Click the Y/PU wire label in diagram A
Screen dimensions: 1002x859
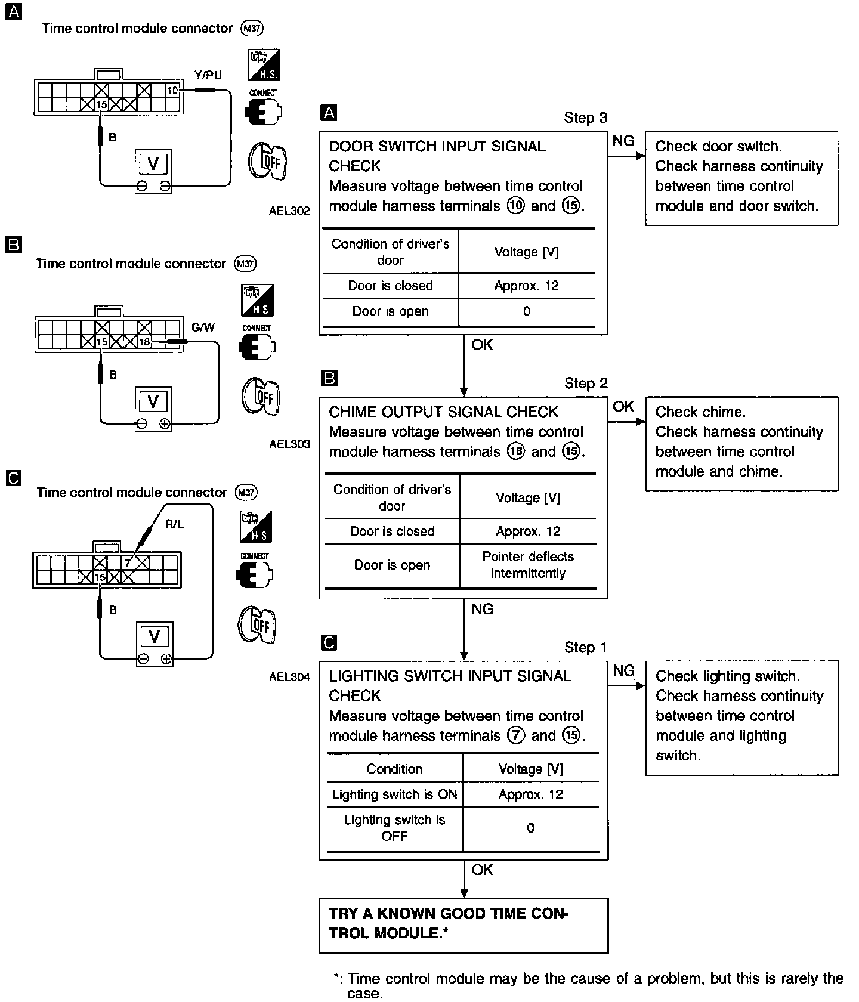208,75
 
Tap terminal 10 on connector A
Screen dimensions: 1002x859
172,91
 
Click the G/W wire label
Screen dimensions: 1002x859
203,327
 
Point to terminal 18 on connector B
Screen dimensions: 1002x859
144,342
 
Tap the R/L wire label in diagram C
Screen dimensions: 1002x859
174,524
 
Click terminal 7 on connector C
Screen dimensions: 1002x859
127,562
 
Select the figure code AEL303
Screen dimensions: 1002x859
289,444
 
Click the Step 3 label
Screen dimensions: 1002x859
585,118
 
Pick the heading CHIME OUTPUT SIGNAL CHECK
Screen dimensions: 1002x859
443,412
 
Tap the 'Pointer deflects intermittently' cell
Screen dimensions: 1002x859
528,565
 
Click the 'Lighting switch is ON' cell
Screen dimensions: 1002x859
394,794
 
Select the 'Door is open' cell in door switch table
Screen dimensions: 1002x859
390,311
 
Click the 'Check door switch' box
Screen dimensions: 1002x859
741,178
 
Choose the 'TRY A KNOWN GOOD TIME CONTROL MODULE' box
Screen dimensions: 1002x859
464,925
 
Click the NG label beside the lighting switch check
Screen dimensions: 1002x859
623,671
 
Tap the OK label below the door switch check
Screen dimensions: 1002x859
482,345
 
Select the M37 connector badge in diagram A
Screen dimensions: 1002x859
251,28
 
